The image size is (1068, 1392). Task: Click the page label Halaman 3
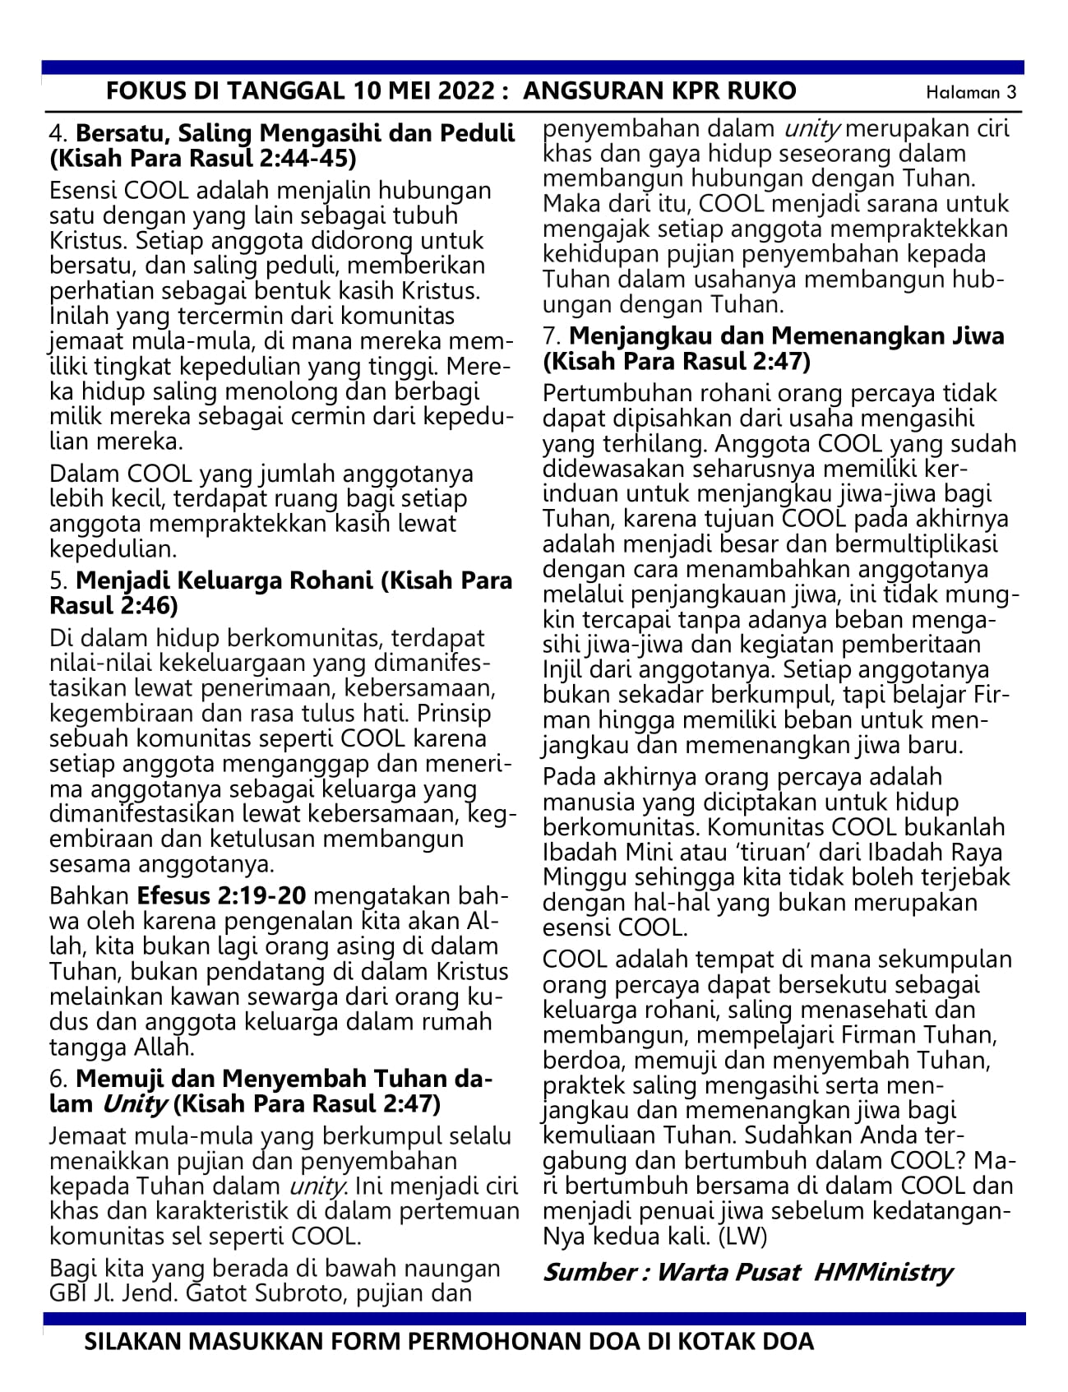[x=971, y=92]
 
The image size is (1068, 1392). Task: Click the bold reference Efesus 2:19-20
[x=221, y=895]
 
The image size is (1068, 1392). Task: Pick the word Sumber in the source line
[x=582, y=1273]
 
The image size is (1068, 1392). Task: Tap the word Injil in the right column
[x=563, y=669]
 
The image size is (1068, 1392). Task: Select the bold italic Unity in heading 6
[x=136, y=1103]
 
